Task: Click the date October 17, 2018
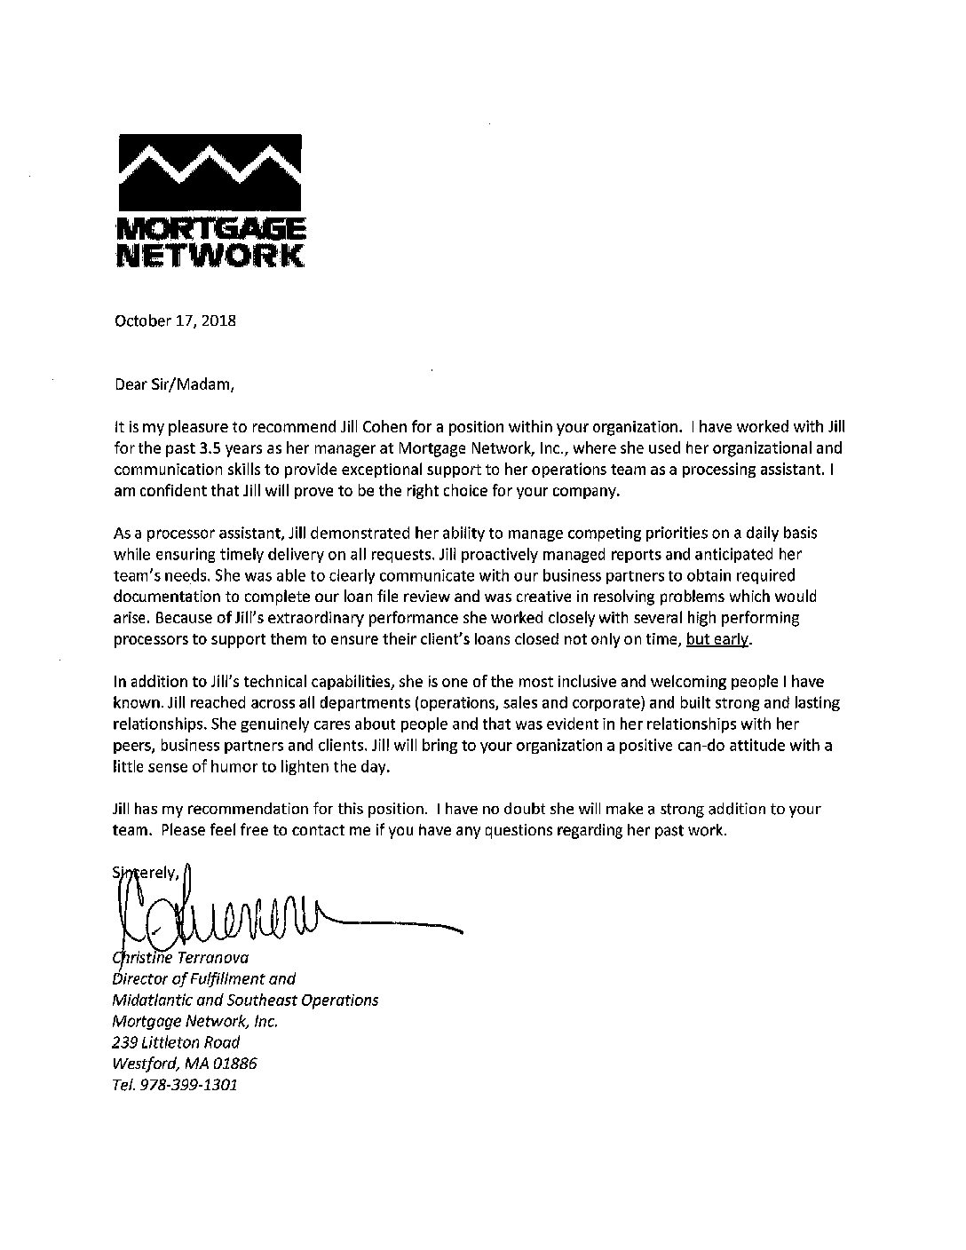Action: click(x=176, y=320)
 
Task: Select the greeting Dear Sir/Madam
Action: click(x=176, y=385)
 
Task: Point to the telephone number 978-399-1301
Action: click(x=187, y=1086)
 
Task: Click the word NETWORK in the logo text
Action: click(x=210, y=255)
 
